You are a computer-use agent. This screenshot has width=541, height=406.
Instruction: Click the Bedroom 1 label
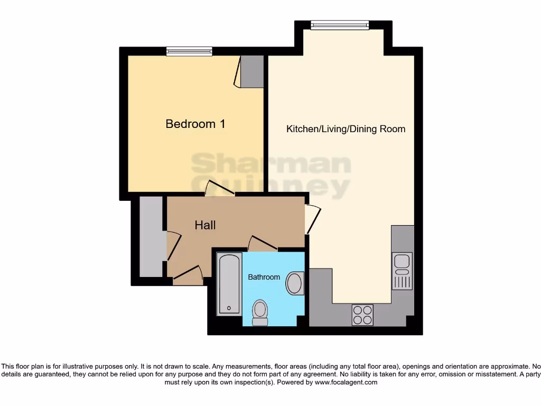coord(195,124)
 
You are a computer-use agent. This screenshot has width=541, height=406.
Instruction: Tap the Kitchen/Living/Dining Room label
coord(346,128)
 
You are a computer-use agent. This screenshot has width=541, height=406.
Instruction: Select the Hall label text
coord(205,225)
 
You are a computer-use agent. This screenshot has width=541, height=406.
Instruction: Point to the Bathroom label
coord(264,277)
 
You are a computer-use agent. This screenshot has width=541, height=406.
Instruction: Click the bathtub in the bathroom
coord(229,284)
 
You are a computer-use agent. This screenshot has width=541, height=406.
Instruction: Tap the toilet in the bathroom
coord(260,312)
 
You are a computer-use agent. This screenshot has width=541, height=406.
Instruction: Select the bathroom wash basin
coord(294,284)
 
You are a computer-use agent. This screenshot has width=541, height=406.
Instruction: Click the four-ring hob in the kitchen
coord(362,315)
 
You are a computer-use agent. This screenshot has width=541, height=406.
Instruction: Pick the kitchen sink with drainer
coord(402,271)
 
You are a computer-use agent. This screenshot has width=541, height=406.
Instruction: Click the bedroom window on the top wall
coord(189,51)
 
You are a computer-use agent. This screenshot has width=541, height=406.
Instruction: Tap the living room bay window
coord(339,24)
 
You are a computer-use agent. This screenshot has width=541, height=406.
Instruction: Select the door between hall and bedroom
coord(219,188)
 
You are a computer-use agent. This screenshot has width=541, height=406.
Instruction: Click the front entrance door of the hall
coord(188,273)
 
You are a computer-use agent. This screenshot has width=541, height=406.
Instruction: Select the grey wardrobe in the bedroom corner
coord(251,71)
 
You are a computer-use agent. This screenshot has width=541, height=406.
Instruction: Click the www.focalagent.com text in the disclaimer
coord(347,382)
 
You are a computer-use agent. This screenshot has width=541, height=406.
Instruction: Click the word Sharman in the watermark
coord(270,164)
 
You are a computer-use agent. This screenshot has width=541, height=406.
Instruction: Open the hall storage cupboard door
coord(173,246)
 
